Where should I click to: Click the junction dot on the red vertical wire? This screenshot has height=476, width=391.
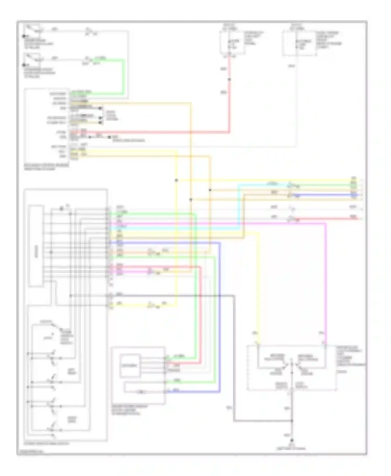click(229, 79)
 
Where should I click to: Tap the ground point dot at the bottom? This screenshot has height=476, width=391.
click(292, 440)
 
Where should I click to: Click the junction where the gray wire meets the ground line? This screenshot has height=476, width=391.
click(292, 421)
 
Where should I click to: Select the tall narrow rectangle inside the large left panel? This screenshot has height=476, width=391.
click(36, 246)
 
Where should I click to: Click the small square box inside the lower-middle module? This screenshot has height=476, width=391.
click(130, 366)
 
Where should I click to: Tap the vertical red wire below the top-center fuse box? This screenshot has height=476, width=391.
click(229, 104)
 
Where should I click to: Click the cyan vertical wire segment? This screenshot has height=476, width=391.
click(239, 206)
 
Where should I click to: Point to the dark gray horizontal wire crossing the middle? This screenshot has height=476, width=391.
click(169, 296)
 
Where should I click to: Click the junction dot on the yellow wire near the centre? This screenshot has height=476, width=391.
click(176, 180)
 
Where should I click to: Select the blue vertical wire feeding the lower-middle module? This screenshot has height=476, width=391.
click(220, 312)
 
